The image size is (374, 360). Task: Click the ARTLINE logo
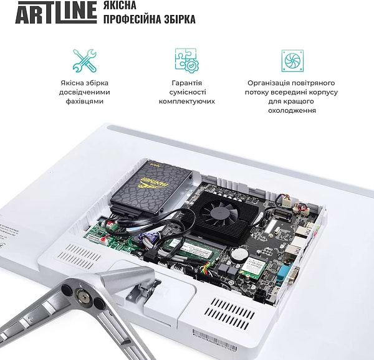tap(56, 12)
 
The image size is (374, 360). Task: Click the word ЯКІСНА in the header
tap(123, 5)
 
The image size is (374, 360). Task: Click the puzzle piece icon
tap(186, 60)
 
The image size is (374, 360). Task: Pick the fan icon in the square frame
tap(292, 60)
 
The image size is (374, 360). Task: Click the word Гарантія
tap(187, 83)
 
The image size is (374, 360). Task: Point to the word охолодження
tap(292, 110)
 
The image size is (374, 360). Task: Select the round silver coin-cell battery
tap(239, 254)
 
